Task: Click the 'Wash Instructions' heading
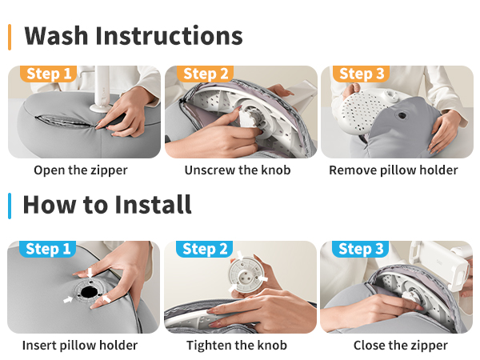tap(134, 36)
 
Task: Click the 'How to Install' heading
tap(107, 205)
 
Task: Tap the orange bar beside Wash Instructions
tap(10, 37)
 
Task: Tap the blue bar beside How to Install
tap(10, 206)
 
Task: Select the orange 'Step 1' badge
tap(48, 74)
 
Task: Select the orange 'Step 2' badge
tap(205, 74)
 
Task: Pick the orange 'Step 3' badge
tap(362, 74)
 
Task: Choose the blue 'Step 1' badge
tap(48, 249)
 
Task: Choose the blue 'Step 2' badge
tap(205, 249)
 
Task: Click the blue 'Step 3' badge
tap(361, 249)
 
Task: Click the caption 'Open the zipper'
tap(81, 170)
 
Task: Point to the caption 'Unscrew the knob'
tap(238, 170)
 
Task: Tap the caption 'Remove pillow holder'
tap(394, 170)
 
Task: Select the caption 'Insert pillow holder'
tap(80, 346)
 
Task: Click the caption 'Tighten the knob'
tap(237, 346)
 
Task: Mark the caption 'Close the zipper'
tap(401, 346)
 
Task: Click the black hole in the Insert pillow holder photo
tap(89, 292)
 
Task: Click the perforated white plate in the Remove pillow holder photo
tap(362, 113)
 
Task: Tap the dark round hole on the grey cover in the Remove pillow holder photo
tap(402, 115)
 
